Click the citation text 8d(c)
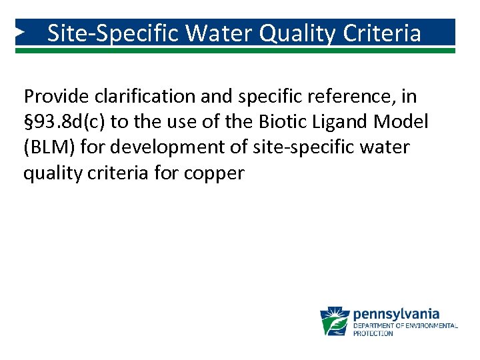coord(90,123)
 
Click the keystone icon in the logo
coord(335,321)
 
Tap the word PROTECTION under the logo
coord(373,333)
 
